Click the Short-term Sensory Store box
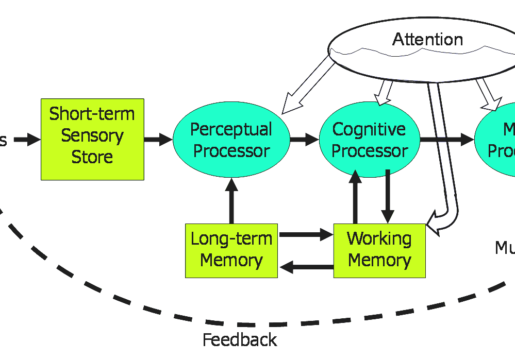point(92,139)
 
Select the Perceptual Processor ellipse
point(231,140)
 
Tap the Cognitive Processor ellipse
point(369,140)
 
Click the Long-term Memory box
point(231,250)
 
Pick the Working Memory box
point(379,250)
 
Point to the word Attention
point(427,40)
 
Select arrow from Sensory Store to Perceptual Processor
point(158,139)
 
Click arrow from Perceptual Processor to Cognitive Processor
point(304,139)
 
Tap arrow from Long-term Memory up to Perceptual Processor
point(231,201)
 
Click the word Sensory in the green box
point(92,135)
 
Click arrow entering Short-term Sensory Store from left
point(26,139)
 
